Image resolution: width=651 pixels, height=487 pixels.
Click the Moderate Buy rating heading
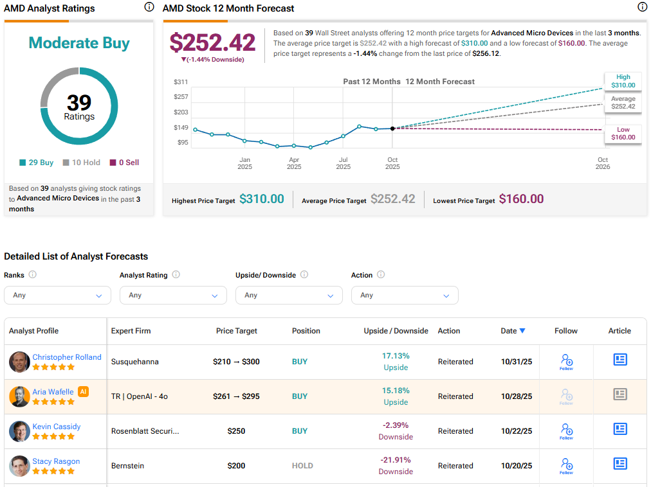pos(79,43)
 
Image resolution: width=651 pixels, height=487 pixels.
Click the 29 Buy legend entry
pos(37,163)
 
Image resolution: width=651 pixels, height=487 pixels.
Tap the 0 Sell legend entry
pos(124,163)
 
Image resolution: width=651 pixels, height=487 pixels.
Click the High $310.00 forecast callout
pos(622,81)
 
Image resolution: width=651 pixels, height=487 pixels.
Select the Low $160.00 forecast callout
pos(623,133)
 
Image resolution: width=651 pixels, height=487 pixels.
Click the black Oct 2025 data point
pos(392,128)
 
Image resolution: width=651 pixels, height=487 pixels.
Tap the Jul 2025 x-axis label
pos(344,163)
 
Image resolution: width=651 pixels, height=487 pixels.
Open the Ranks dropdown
pos(57,295)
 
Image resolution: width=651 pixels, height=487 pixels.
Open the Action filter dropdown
pos(405,295)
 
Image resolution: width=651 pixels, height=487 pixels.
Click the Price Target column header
pos(236,331)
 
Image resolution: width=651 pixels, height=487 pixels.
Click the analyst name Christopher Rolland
pos(67,357)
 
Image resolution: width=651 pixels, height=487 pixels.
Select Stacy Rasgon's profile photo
pos(19,466)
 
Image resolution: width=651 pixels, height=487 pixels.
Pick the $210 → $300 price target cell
pos(236,362)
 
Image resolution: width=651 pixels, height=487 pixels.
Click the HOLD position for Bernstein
pos(302,466)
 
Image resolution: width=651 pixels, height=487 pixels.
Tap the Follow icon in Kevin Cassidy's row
pos(566,431)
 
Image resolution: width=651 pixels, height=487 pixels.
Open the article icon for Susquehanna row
pos(619,360)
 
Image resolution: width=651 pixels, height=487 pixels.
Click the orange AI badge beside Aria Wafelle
pos(83,391)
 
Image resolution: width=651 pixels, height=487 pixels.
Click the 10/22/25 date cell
pos(517,431)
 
